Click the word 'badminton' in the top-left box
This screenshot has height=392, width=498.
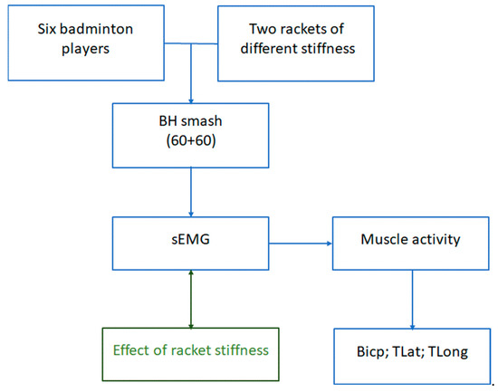pos(96,29)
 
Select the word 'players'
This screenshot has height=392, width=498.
pos(85,49)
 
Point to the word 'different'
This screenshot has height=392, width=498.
pos(269,49)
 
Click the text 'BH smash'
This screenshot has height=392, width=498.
pos(190,121)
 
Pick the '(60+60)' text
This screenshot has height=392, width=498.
pos(191,140)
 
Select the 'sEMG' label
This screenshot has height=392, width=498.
pos(190,239)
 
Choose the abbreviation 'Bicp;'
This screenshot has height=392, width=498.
pos(373,352)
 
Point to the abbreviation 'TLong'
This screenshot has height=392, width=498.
pos(448,352)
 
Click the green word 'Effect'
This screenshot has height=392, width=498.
pos(131,350)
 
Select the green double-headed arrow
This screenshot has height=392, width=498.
pos(191,299)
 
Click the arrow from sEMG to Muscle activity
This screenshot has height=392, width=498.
pos(301,244)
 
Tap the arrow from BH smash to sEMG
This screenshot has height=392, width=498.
pos(191,192)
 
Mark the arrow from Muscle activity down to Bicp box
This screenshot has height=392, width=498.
pos(412,300)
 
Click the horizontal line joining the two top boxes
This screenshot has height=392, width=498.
pos(191,43)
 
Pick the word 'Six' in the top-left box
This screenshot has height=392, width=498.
pos(47,29)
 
